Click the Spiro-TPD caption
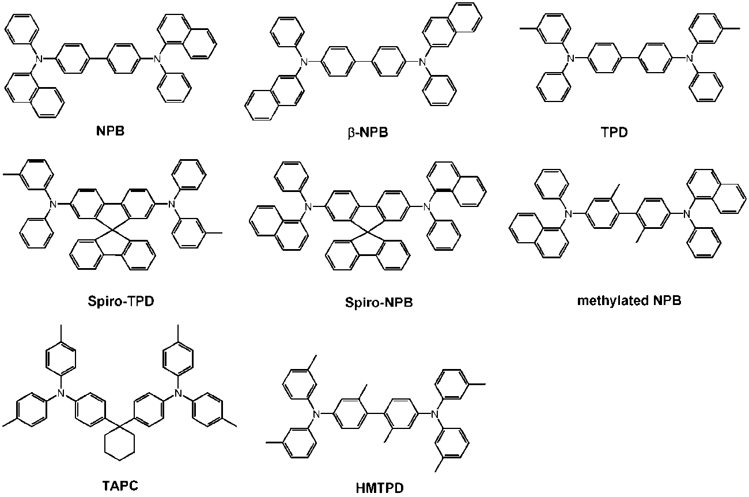click(x=119, y=302)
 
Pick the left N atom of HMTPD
click(x=315, y=413)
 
